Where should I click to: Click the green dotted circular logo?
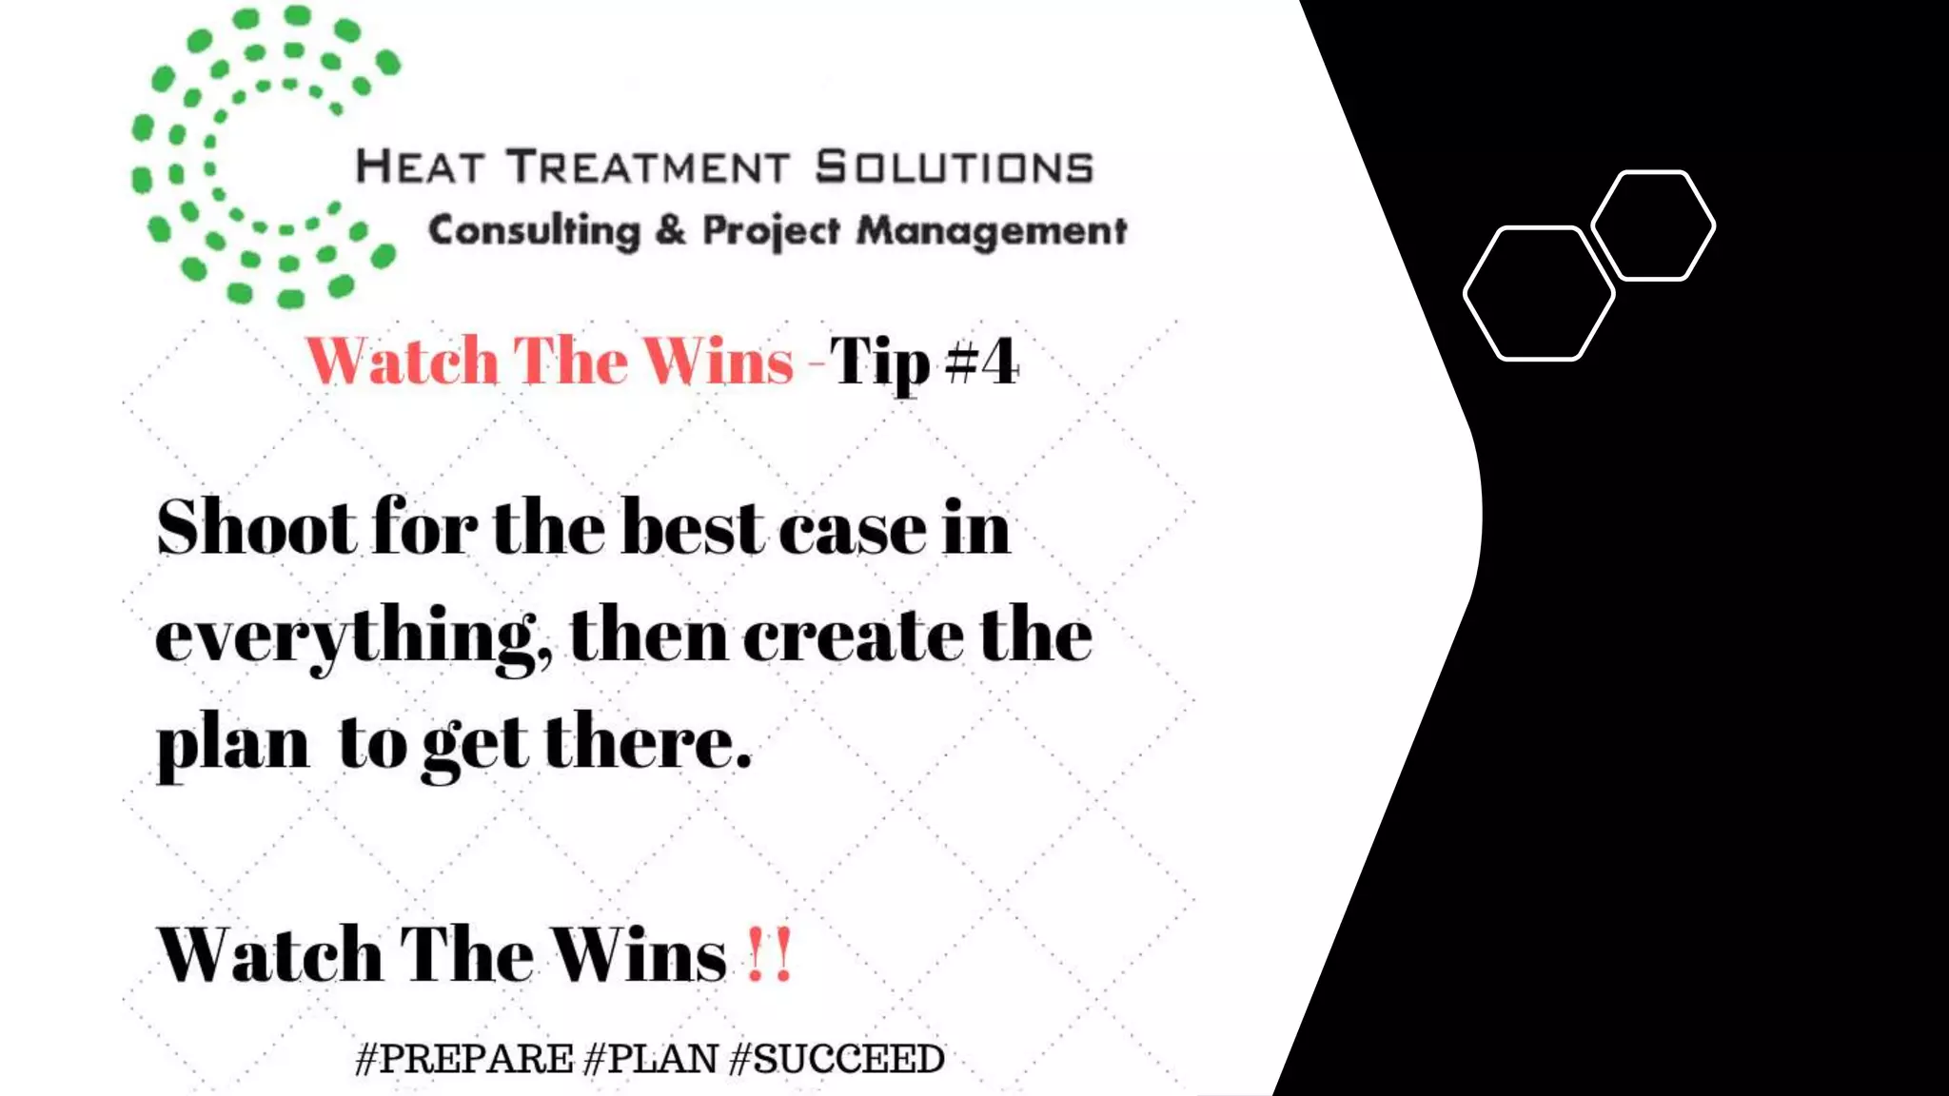(x=265, y=157)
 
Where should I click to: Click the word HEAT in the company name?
(x=419, y=167)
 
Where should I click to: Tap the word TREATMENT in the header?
(x=648, y=167)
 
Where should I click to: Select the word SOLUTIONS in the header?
(x=955, y=167)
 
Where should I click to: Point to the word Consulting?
(x=534, y=231)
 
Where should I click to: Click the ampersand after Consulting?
(x=671, y=230)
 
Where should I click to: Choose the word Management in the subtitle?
(x=992, y=231)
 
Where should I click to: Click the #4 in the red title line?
(x=982, y=362)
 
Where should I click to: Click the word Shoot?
(x=257, y=527)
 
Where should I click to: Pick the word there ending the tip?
(x=647, y=742)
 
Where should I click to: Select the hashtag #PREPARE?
(x=463, y=1059)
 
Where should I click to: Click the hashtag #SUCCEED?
(x=837, y=1059)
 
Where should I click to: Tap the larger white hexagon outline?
(x=1538, y=294)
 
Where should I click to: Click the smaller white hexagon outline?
(x=1653, y=225)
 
